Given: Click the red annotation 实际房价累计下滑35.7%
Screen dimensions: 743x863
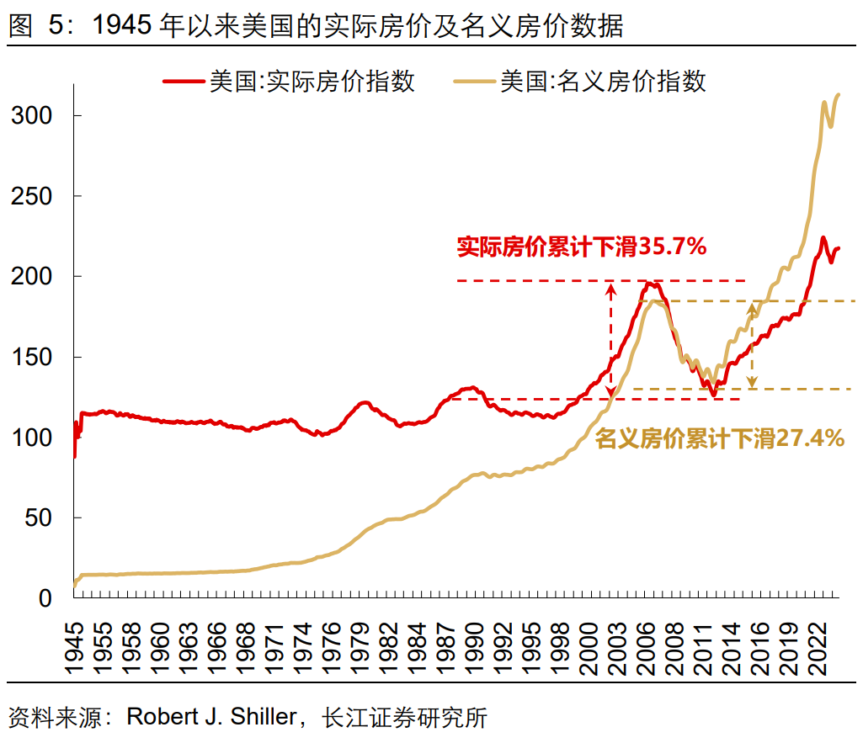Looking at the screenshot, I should [x=581, y=247].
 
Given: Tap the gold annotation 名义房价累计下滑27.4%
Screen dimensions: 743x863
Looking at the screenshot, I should [x=720, y=438].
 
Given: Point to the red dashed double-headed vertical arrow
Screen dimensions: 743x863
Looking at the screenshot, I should [x=612, y=340].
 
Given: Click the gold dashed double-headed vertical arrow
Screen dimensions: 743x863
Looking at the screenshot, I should [x=752, y=345].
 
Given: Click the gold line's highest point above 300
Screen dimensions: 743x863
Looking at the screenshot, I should [x=838, y=94].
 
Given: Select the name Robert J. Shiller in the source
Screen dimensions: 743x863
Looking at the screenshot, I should [x=212, y=718].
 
